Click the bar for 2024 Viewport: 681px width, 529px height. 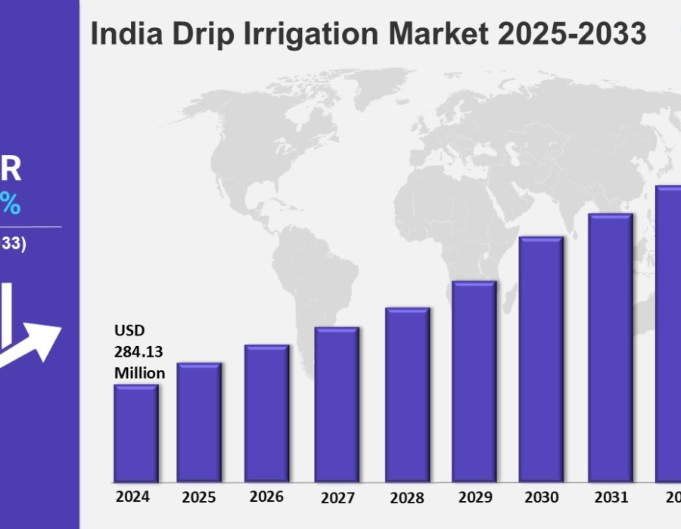tap(136, 433)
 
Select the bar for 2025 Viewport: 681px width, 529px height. tap(200, 422)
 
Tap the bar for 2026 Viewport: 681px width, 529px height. tap(266, 413)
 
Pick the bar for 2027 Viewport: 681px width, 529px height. tap(337, 404)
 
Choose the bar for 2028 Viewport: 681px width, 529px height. tap(407, 394)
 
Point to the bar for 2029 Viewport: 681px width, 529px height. tap(474, 382)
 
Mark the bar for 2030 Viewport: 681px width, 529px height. tap(541, 359)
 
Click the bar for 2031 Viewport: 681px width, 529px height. tap(610, 348)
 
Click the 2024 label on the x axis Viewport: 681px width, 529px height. tap(132, 497)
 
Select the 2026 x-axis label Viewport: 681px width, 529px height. tap(266, 497)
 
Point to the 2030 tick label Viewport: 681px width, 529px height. tap(542, 497)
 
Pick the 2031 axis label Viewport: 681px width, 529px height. tap(611, 497)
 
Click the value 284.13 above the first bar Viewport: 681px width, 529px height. tap(138, 351)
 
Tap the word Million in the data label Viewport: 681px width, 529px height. tap(139, 373)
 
